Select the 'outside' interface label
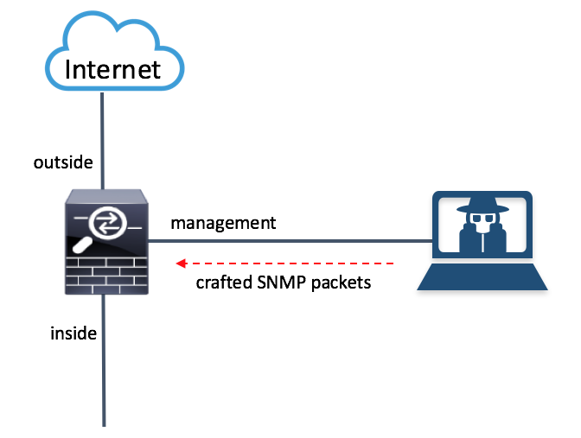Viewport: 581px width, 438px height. point(63,162)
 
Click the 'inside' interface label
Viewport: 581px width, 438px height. point(73,332)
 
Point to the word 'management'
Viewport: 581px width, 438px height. point(223,223)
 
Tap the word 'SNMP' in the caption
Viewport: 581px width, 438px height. point(281,282)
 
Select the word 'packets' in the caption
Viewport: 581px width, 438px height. point(341,282)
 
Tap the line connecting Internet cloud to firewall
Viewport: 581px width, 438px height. point(104,138)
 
